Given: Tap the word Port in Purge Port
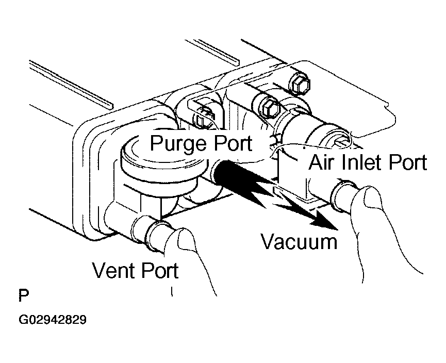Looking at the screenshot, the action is click(233, 143).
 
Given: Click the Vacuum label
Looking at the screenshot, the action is click(299, 242).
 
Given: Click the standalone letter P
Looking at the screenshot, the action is click(24, 296).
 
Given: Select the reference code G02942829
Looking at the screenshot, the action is click(53, 320).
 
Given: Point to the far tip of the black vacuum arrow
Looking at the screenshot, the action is click(337, 229).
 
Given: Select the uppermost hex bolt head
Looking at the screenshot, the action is click(300, 84).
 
